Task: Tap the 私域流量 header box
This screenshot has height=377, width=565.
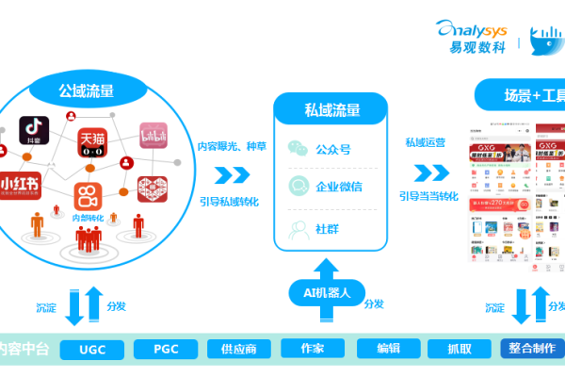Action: tap(331, 109)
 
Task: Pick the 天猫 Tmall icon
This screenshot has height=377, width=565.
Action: tap(92, 142)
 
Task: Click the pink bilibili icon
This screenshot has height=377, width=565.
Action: tap(153, 137)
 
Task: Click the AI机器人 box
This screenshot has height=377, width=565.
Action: tap(319, 293)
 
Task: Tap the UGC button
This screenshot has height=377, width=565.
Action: tap(92, 349)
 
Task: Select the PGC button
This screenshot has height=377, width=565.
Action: tap(166, 349)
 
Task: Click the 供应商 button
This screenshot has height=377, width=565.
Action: tap(238, 349)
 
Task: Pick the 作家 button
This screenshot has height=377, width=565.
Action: tap(313, 349)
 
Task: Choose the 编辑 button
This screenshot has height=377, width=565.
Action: tap(388, 349)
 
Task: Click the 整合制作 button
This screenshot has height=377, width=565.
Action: tap(530, 348)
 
